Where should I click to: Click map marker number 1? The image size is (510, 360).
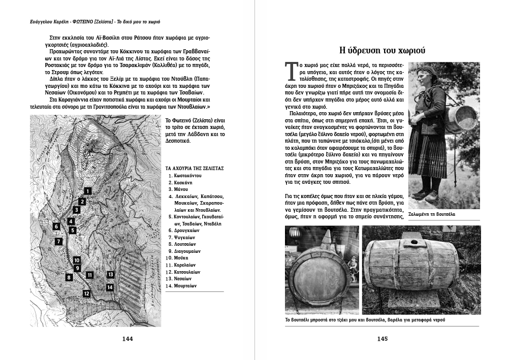88,191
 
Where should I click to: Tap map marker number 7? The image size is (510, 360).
59,241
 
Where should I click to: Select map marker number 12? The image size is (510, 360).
87,293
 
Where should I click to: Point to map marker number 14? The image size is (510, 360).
110,287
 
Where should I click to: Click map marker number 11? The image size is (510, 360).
89,275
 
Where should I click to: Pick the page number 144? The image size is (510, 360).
127,339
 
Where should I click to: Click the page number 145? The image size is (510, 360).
382,339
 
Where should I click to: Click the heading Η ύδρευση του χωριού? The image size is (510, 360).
382,50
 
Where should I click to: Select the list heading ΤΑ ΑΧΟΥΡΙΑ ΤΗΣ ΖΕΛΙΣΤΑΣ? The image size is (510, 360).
195,168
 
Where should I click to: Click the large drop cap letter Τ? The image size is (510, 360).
291,72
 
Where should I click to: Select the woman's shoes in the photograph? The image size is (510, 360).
427,195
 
